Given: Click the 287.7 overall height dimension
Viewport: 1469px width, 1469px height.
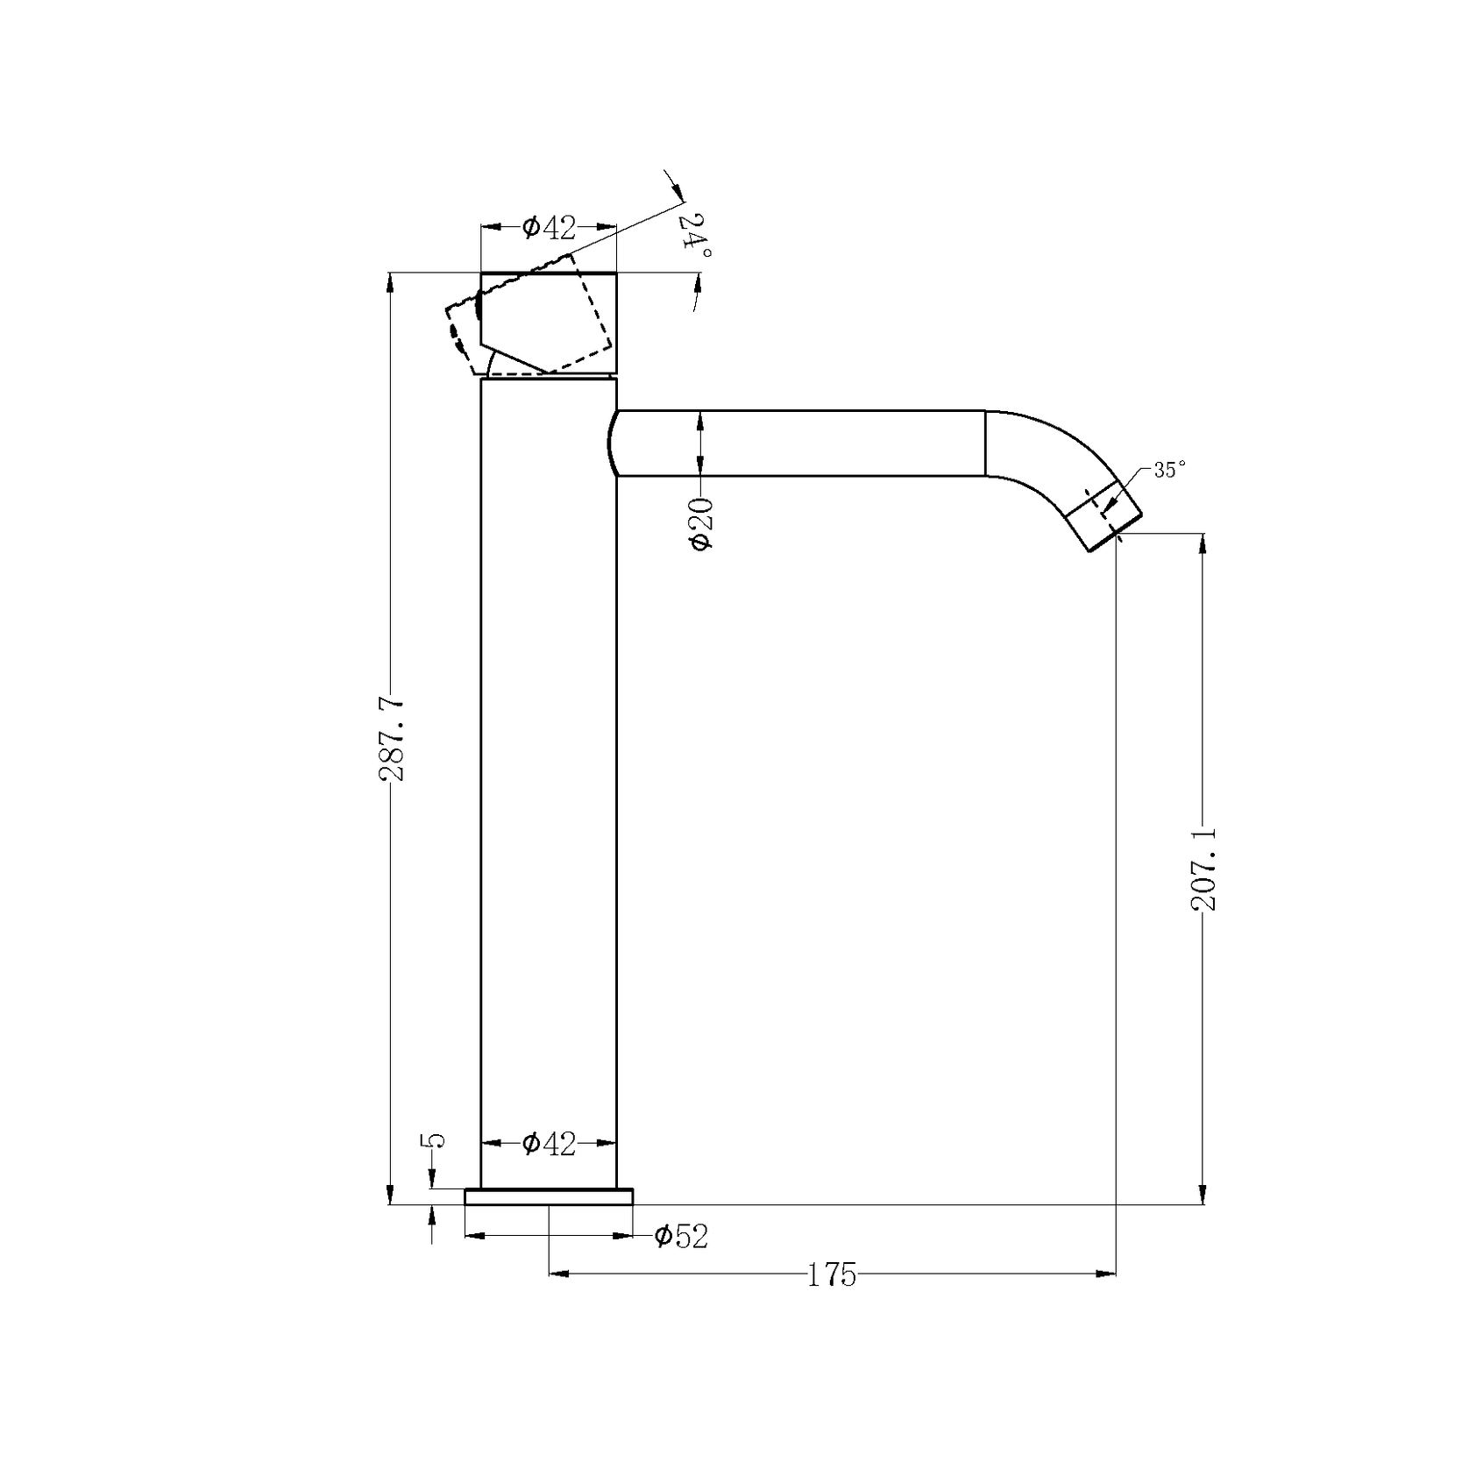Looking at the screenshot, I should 391,738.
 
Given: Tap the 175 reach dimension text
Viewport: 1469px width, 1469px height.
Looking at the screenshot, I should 830,1274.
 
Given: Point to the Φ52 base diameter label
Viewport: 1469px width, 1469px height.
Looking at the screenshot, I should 681,1237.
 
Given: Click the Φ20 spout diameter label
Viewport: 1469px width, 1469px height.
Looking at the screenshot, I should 702,523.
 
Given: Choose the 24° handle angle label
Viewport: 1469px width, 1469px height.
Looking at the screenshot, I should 698,235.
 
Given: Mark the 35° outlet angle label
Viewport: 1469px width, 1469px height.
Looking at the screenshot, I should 1169,470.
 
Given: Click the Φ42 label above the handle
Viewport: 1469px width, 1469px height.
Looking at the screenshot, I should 549,228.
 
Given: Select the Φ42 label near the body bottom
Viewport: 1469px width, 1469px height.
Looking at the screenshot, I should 549,1144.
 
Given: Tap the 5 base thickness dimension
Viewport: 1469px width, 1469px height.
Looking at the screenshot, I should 434,1140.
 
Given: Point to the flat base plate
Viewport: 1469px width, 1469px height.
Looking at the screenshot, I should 549,1196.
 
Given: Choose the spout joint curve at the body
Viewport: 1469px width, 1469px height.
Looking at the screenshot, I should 608,444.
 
